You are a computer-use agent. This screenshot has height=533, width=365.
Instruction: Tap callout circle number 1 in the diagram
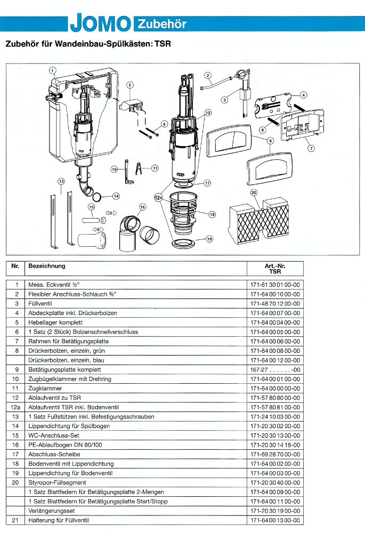coord(52,70)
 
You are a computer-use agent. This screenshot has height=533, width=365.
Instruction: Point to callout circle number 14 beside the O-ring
coord(116,196)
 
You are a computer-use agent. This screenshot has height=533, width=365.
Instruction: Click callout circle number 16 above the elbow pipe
coord(142,206)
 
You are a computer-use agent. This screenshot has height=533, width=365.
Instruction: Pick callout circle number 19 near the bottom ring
coord(209,239)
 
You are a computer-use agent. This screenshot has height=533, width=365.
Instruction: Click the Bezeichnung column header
coord(47,265)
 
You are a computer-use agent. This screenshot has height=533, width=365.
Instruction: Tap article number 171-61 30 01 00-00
coord(275,285)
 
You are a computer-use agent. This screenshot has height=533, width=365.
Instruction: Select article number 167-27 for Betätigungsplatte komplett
coord(275,369)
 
